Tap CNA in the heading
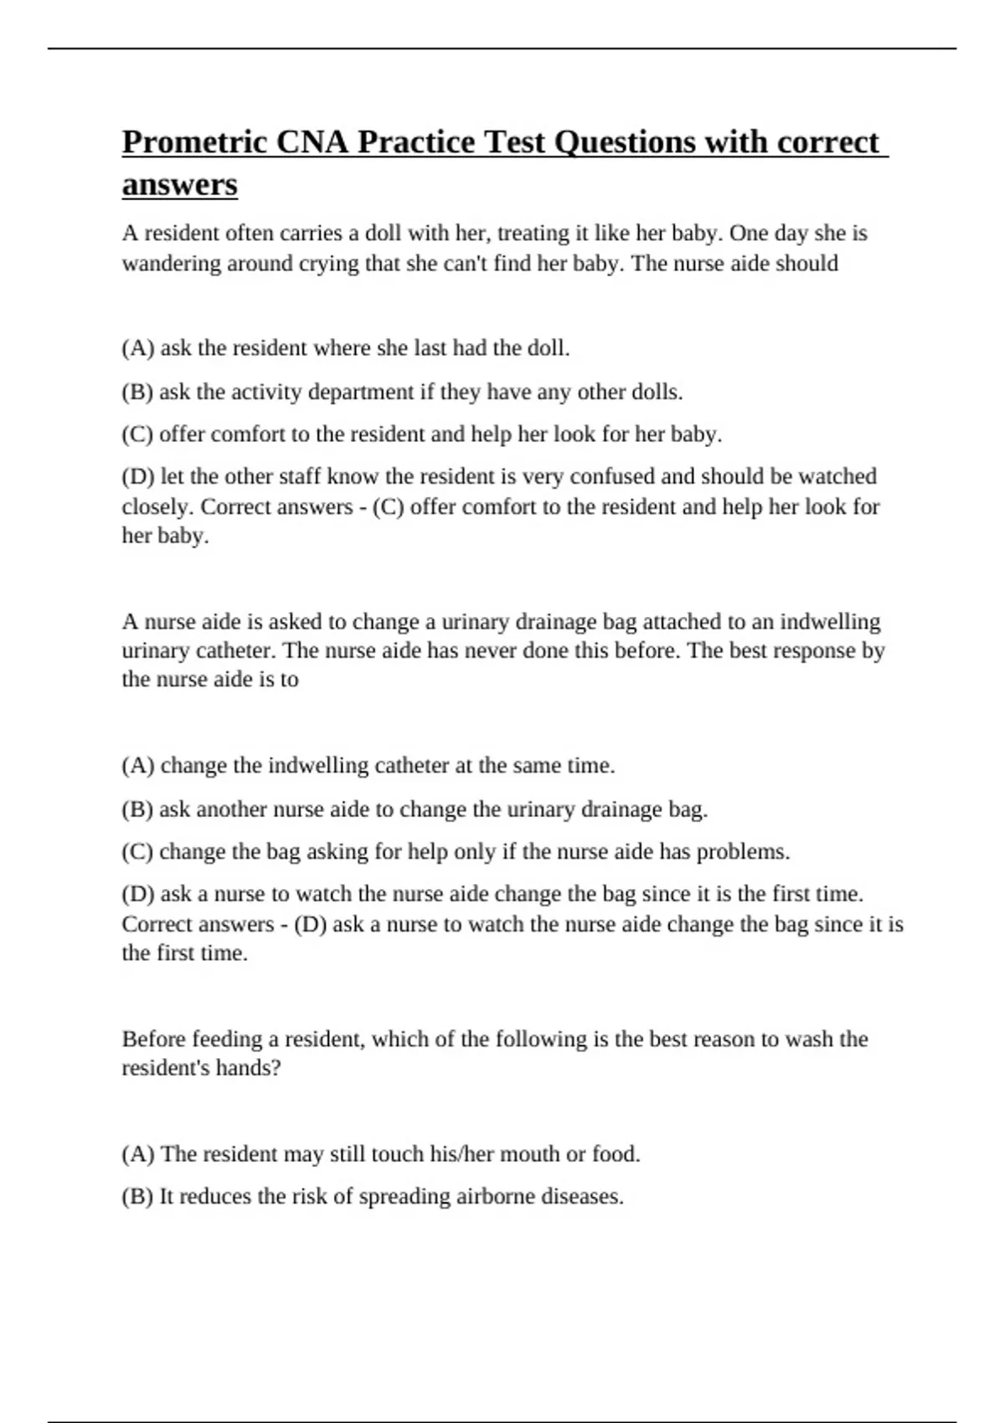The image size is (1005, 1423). [312, 142]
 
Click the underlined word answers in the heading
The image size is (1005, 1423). [179, 184]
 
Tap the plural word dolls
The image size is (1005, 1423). [657, 392]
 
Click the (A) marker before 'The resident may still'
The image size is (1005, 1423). [138, 1154]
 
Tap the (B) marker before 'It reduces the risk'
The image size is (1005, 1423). [137, 1197]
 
